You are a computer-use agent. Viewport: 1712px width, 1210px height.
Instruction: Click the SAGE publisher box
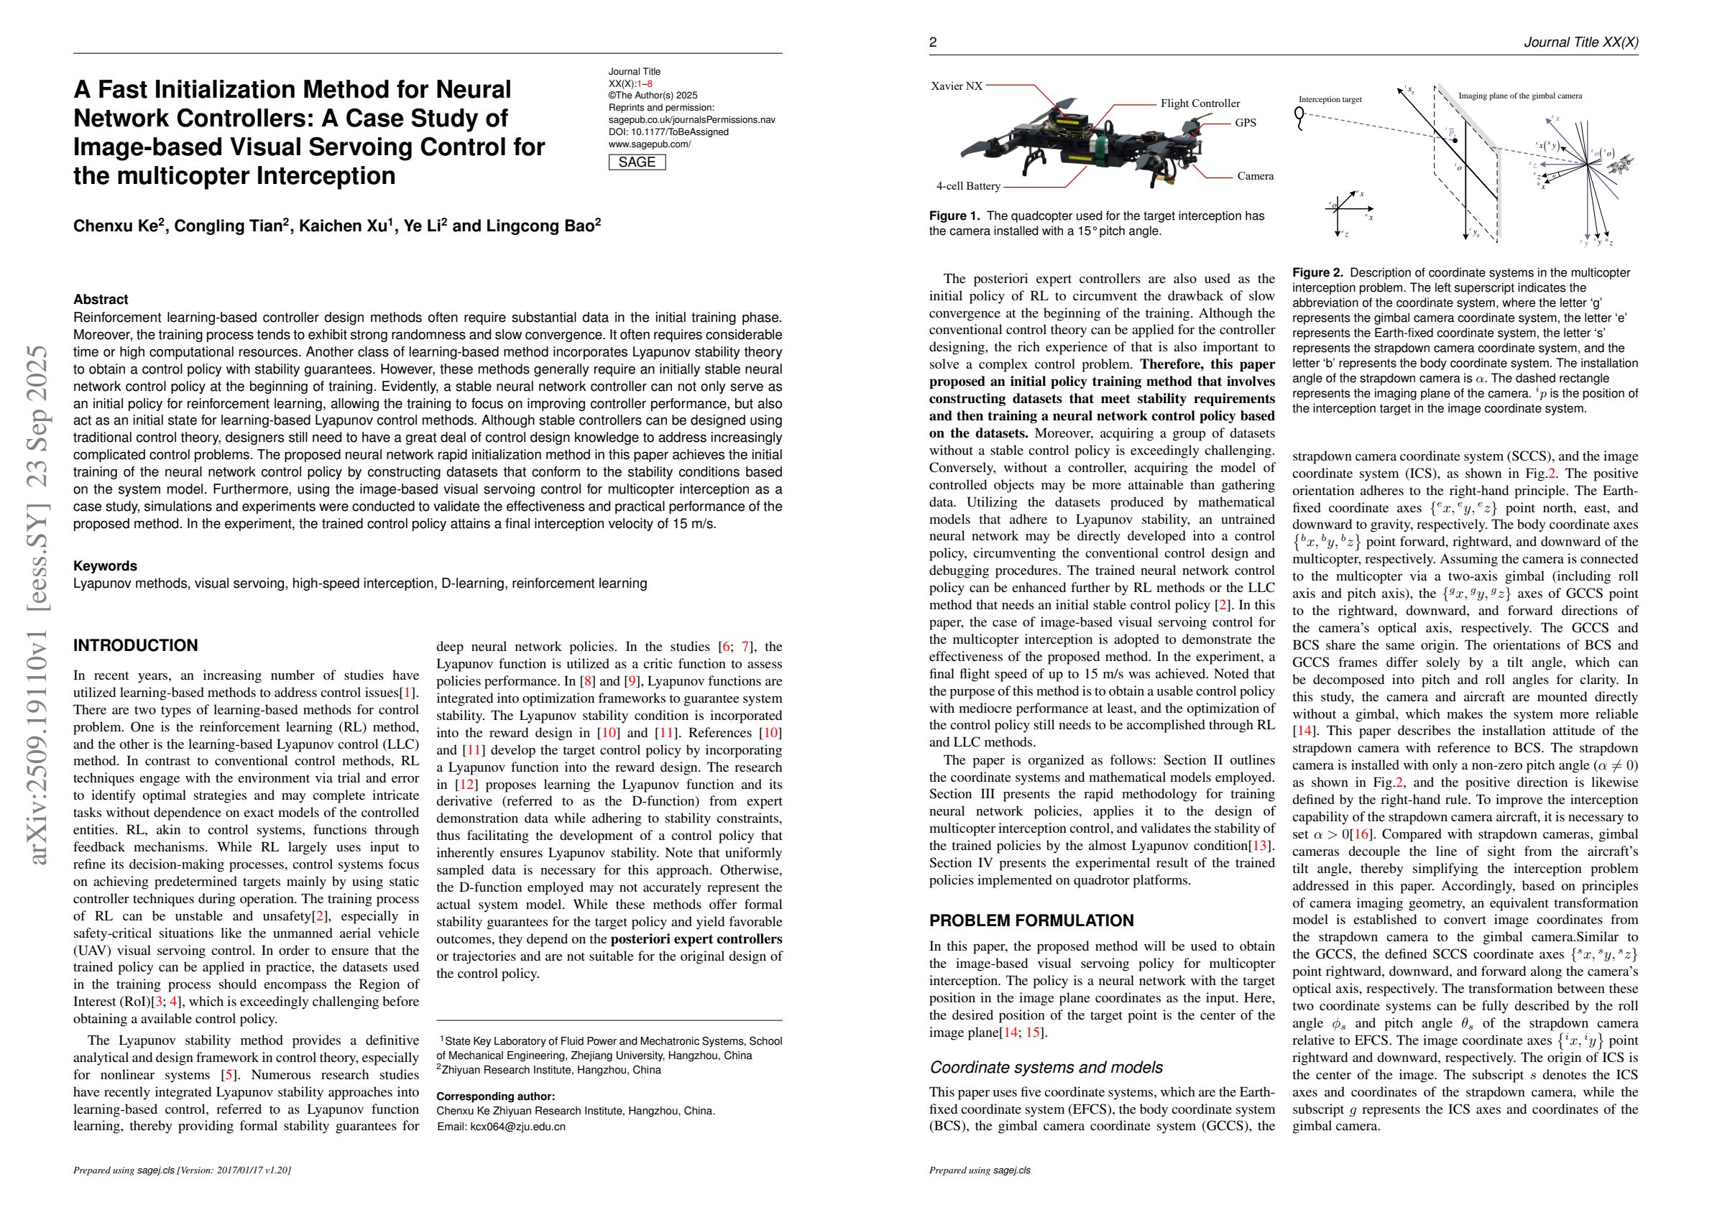(637, 162)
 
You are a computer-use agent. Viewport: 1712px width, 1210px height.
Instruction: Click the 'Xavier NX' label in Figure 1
(957, 86)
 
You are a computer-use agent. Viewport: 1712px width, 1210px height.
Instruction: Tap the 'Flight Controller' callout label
(1200, 103)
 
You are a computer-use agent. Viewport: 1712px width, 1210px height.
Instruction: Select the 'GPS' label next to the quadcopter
(1246, 122)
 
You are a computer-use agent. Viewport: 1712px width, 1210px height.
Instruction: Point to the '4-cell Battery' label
(968, 185)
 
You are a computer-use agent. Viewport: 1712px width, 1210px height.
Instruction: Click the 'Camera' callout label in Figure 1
(1255, 176)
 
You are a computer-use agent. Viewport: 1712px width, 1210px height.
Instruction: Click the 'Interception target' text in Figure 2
(1330, 99)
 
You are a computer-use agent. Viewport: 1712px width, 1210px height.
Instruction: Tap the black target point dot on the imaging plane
(1455, 140)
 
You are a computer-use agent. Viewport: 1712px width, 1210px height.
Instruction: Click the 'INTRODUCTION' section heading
(135, 646)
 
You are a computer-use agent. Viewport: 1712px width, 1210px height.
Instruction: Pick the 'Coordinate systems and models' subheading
(1046, 1068)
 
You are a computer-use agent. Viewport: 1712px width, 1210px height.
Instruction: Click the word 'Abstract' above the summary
(100, 300)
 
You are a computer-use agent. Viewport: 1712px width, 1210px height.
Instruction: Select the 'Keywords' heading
(104, 566)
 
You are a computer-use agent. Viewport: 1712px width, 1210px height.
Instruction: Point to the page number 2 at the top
(933, 42)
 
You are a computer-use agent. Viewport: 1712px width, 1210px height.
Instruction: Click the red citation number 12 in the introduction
(466, 785)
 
